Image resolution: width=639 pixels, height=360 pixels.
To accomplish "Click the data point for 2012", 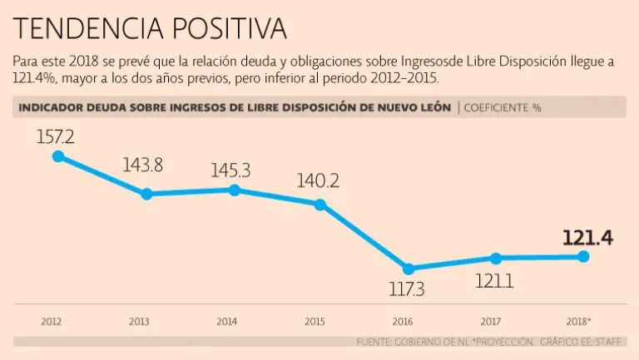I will [x=57, y=155].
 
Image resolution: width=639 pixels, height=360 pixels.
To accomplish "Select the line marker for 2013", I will [x=146, y=194].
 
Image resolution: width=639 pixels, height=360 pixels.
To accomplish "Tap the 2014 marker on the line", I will [x=234, y=190].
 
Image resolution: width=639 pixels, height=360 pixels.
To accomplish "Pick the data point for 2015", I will [x=320, y=204].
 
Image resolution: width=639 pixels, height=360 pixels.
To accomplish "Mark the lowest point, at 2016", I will [x=408, y=269].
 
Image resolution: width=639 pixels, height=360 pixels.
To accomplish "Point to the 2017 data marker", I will [x=496, y=258].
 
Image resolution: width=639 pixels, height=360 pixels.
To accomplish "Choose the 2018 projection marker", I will [x=583, y=257].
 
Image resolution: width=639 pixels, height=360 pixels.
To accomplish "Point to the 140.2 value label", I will [x=320, y=181].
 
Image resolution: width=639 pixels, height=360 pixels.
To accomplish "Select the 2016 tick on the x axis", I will [x=403, y=321].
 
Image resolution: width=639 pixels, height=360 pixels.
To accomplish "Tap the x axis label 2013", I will [x=138, y=321].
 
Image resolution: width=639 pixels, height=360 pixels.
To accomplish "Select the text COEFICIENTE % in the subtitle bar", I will [x=502, y=108].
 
